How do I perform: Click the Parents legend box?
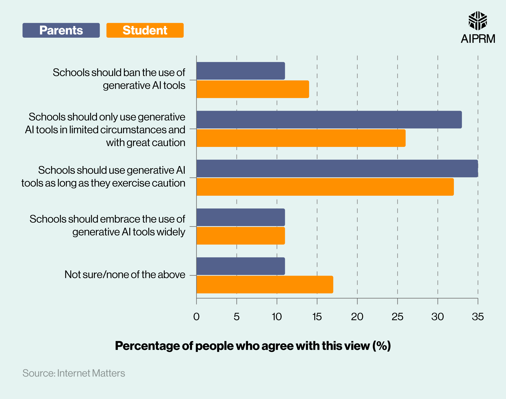tap(61, 30)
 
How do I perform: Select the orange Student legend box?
tap(145, 30)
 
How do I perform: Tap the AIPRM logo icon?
tap(477, 20)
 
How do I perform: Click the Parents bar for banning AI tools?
tap(241, 71)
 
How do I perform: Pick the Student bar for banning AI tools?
tap(252, 89)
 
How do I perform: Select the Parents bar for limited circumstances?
tap(329, 120)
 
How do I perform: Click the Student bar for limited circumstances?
tap(301, 138)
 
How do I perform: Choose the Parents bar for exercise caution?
tap(337, 168)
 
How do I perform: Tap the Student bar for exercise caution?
tap(325, 187)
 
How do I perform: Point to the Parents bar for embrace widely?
tap(241, 217)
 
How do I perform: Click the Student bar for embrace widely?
tap(241, 236)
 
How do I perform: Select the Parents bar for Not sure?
tap(241, 266)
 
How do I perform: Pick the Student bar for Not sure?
tap(265, 284)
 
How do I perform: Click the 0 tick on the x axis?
tap(196, 317)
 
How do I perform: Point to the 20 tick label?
tap(357, 317)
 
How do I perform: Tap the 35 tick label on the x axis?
tap(478, 317)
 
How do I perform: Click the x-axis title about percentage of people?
tap(253, 346)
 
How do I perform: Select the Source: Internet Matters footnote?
tap(74, 373)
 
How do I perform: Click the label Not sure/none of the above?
tap(125, 275)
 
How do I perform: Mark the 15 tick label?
tap(317, 317)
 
